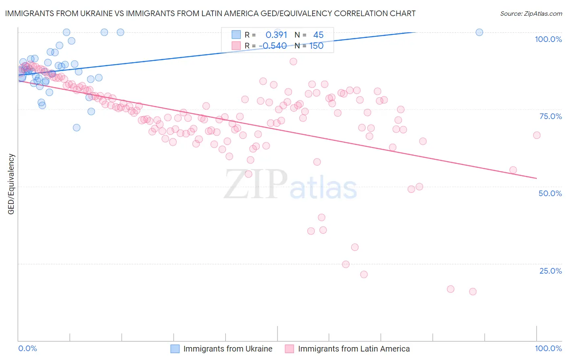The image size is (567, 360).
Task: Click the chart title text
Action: (x=210, y=14)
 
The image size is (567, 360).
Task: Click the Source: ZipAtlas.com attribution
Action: (x=531, y=14)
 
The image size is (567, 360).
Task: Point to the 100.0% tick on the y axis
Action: (x=548, y=39)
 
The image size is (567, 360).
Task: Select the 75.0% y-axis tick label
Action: (x=550, y=116)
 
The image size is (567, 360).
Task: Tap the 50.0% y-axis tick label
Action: (x=550, y=193)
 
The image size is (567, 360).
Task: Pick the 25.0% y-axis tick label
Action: (x=550, y=271)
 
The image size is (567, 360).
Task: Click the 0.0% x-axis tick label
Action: (x=27, y=348)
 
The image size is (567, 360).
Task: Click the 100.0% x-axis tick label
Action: (x=548, y=348)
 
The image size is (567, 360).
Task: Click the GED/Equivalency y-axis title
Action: (x=11, y=184)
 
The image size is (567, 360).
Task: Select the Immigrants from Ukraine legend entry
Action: (x=228, y=349)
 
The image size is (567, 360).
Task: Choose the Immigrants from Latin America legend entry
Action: (x=354, y=349)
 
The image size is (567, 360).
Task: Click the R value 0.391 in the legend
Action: (x=276, y=35)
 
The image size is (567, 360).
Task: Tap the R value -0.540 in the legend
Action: (x=273, y=46)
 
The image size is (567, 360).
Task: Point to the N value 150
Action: (x=317, y=46)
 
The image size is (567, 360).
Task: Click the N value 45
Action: (x=318, y=35)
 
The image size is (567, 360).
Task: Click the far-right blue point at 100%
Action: (x=479, y=32)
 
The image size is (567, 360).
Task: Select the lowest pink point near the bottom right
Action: (x=473, y=291)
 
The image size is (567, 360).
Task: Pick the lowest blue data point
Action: (x=77, y=128)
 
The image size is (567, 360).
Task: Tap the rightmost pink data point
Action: (x=536, y=135)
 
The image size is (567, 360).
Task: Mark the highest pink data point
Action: (x=293, y=61)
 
